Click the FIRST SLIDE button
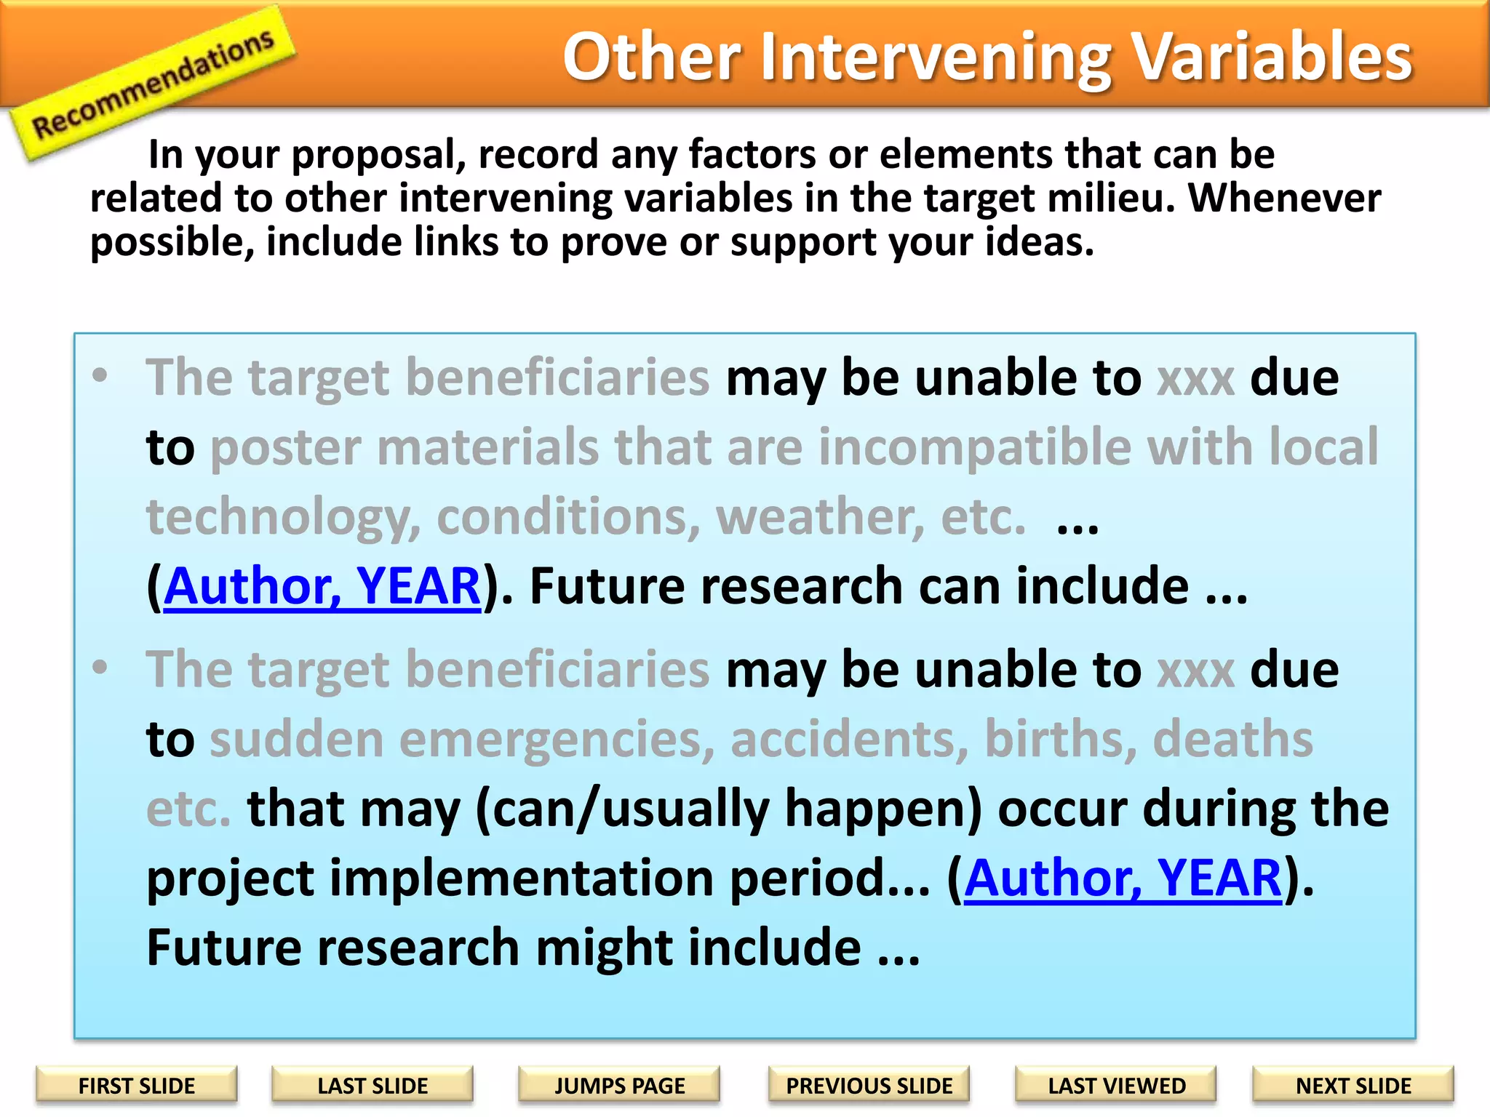[136, 1086]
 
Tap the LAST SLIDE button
[372, 1086]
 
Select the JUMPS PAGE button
[619, 1086]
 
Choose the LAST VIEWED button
[1116, 1086]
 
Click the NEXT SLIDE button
[1352, 1086]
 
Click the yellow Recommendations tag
[153, 82]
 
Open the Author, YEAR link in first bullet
[322, 586]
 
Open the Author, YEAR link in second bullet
[1123, 878]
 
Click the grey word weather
[820, 516]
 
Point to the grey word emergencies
[556, 740]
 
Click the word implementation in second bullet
[521, 878]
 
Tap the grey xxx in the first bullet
[1195, 380]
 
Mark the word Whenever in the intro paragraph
[1284, 198]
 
